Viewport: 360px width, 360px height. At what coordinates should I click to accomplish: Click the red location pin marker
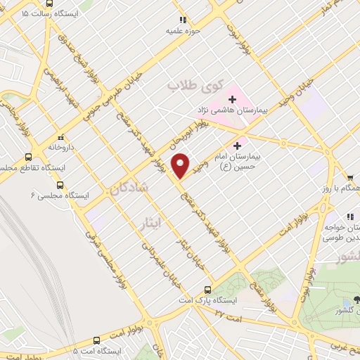[181, 165]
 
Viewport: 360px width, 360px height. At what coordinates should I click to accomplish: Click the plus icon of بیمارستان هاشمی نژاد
[233, 99]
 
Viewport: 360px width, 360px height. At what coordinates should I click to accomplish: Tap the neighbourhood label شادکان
[129, 188]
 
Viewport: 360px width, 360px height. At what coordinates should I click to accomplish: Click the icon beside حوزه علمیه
[184, 20]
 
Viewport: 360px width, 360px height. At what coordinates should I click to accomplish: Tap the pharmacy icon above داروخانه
[61, 137]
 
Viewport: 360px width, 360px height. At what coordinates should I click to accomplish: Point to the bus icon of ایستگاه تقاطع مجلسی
[27, 157]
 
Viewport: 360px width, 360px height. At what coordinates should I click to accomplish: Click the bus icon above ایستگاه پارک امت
[207, 289]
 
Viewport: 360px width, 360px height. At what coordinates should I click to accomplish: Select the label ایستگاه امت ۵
[98, 350]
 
